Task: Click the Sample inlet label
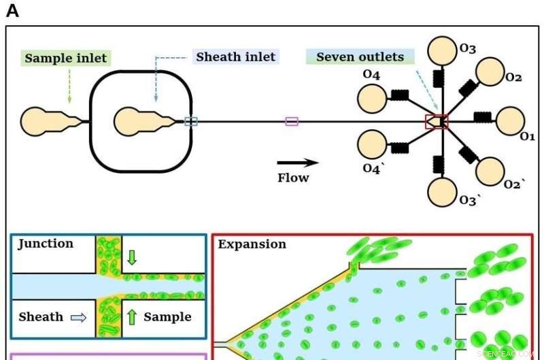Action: tap(66, 58)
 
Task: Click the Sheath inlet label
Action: tap(236, 57)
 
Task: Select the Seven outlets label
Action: tap(360, 57)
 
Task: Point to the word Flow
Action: tap(293, 178)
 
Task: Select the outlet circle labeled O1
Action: tap(511, 121)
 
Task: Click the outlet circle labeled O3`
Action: tap(442, 192)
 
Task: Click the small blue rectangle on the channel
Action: tap(191, 122)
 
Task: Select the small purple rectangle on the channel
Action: tap(292, 122)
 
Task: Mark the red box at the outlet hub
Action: tap(436, 122)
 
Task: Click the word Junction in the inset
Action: tap(46, 244)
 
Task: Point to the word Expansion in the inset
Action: tap(252, 244)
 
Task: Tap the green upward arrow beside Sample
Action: tap(132, 316)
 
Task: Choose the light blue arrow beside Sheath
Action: tap(79, 317)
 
